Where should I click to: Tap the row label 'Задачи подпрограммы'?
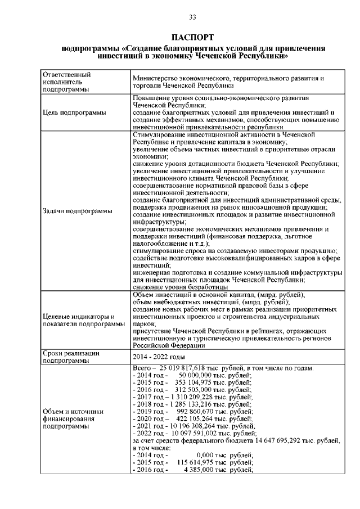coord(78,211)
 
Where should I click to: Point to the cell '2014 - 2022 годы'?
coord(159,357)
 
